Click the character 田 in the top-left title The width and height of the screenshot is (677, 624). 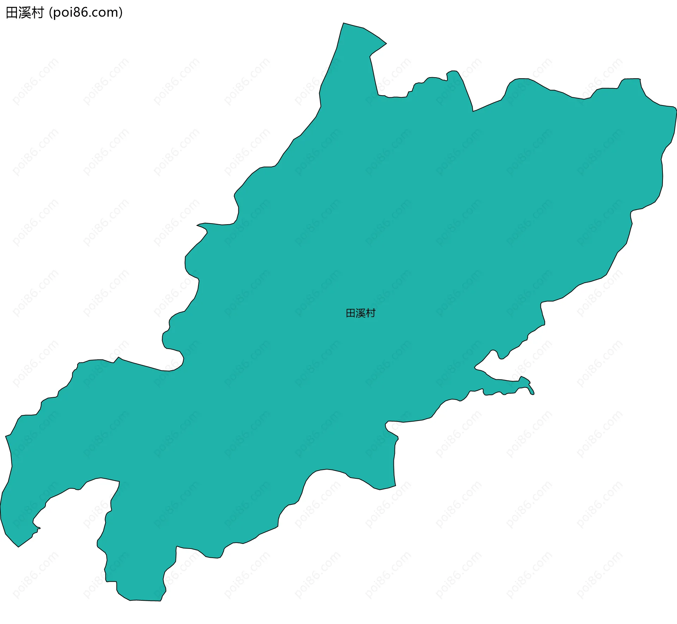(12, 13)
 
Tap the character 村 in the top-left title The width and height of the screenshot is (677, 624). (37, 13)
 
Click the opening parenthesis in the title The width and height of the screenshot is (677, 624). (51, 13)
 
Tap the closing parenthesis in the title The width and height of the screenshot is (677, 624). (121, 13)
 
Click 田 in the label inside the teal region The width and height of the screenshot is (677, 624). (350, 313)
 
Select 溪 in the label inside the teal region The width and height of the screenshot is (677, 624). (361, 313)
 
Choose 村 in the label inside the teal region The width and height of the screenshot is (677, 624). (371, 313)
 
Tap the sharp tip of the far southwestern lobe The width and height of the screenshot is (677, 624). (18, 546)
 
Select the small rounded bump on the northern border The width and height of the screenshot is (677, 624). (452, 72)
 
